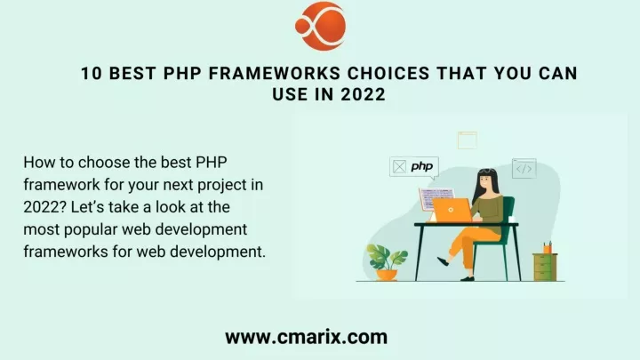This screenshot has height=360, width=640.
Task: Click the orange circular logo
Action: click(320, 26)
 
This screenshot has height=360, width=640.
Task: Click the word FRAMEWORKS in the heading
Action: click(275, 74)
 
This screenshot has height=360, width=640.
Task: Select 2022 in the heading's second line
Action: click(364, 95)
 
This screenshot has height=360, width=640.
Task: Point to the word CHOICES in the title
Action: click(388, 74)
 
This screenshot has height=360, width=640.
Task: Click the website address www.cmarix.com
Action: click(306, 337)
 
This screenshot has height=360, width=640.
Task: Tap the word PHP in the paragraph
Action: click(212, 163)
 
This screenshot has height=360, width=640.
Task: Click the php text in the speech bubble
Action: click(422, 166)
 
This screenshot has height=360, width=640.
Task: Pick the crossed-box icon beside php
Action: click(400, 166)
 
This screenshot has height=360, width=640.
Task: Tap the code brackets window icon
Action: click(524, 169)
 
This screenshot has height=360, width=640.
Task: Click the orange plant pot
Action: click(387, 275)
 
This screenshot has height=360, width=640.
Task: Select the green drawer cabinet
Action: click(545, 267)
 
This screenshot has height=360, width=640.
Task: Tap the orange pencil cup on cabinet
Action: click(548, 248)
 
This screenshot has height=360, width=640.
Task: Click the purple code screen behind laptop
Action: click(435, 199)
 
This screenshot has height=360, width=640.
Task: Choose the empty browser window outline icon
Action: click(468, 140)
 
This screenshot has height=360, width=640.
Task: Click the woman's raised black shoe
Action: click(443, 261)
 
